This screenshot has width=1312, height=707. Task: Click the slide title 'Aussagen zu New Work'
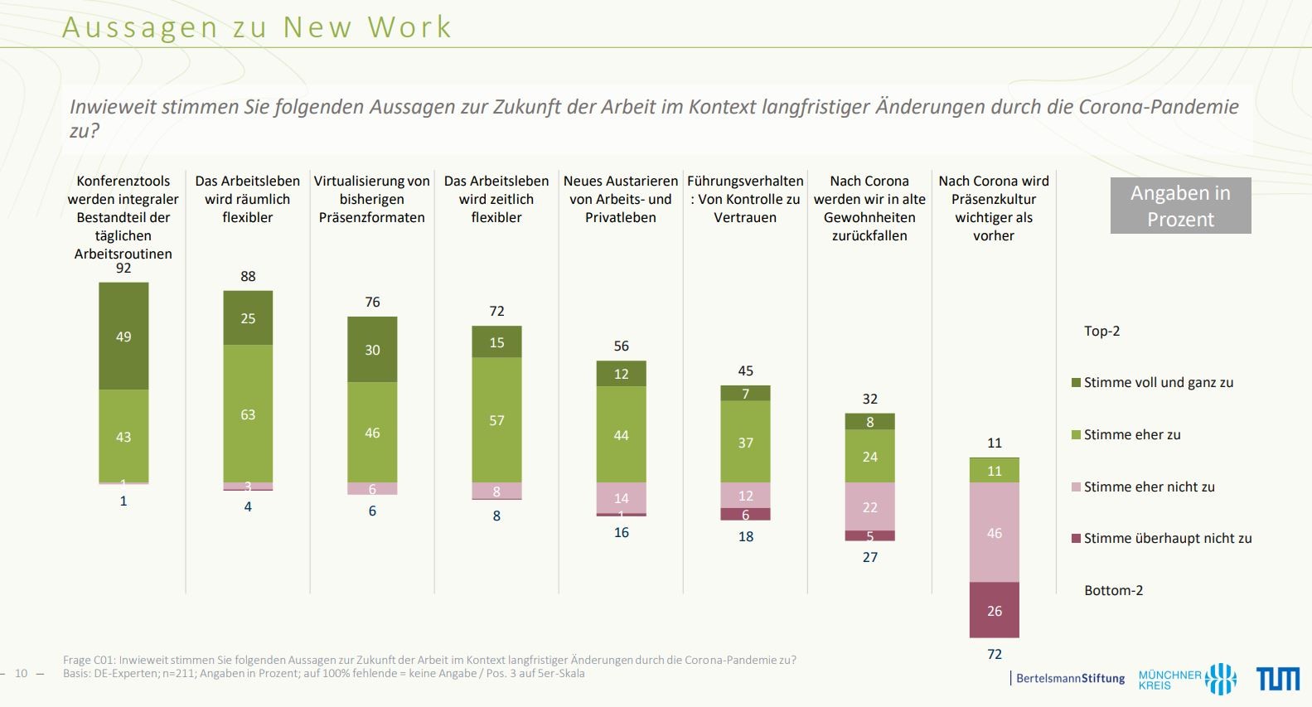[257, 27]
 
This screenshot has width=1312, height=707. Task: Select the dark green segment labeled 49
[123, 336]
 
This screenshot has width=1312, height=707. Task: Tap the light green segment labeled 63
[248, 414]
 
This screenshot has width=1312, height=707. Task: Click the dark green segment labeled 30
[372, 349]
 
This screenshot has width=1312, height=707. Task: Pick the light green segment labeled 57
[496, 419]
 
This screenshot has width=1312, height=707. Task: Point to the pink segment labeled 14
[621, 497]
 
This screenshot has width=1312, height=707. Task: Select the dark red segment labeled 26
[994, 610]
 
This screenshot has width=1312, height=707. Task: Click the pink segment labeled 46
[994, 532]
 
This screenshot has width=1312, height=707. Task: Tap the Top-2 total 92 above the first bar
[123, 269]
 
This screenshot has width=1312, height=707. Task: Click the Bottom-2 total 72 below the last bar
[995, 654]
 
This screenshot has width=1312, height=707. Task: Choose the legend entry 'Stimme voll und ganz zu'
[1158, 383]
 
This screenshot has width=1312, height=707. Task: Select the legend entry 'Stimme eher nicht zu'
[1149, 487]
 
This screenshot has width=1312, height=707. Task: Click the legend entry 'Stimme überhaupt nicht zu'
[1167, 539]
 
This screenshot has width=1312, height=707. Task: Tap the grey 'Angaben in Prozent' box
[1180, 206]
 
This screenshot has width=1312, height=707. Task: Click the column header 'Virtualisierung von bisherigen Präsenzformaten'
[372, 199]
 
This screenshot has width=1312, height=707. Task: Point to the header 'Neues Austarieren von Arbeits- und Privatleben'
[621, 199]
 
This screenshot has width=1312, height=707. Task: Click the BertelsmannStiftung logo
[1069, 678]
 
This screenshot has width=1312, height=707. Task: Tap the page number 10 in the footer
[22, 673]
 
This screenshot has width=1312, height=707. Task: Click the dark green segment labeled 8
[869, 422]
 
